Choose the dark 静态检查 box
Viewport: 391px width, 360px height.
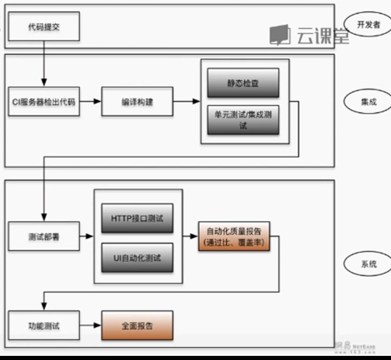point(242,82)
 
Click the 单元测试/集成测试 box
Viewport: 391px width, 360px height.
point(242,120)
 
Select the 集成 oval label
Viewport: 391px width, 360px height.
point(365,102)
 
